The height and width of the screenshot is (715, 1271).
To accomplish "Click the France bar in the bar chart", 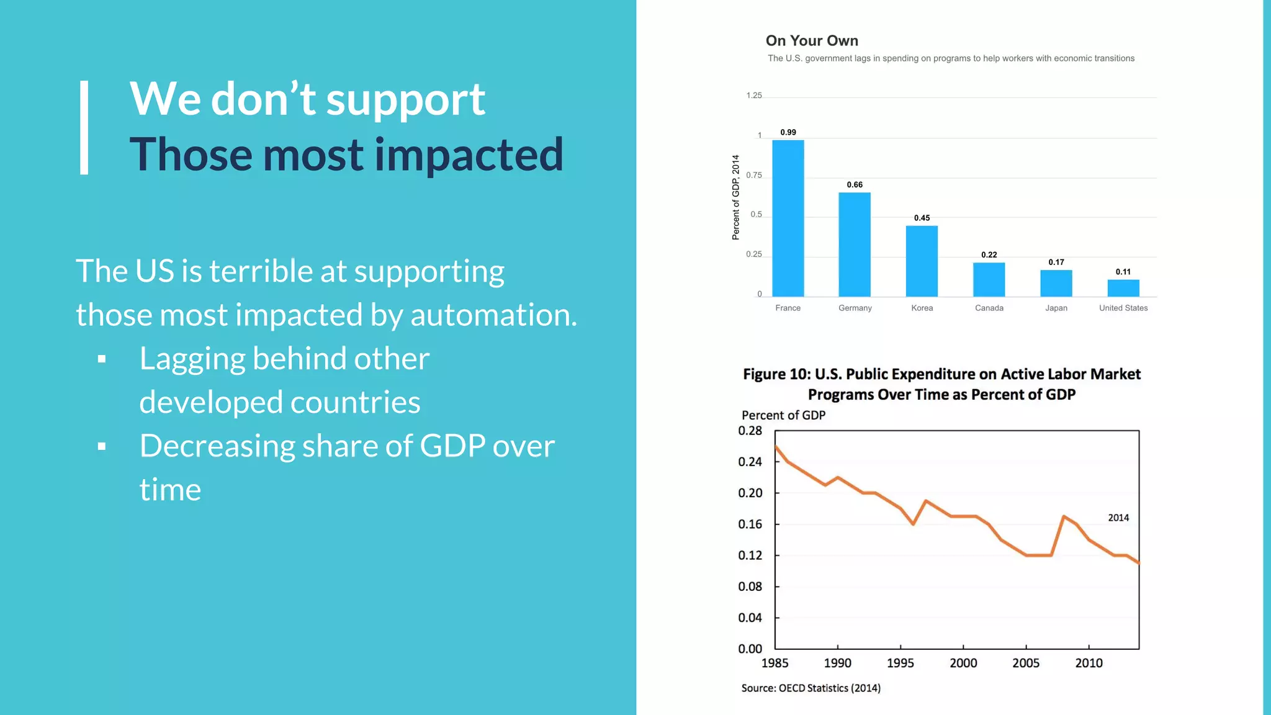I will (x=788, y=218).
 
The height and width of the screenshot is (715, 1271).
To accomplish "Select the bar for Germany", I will (x=855, y=245).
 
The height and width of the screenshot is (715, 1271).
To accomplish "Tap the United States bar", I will (x=1123, y=288).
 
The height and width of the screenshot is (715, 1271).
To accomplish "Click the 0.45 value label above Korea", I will (x=922, y=218).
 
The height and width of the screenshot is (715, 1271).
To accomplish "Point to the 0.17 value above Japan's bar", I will (x=1056, y=262).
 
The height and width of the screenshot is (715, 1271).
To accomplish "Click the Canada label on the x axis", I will (x=989, y=308).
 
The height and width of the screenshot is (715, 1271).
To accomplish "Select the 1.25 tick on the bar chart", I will (x=753, y=96).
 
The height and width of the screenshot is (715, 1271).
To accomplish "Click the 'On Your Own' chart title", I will (x=812, y=41).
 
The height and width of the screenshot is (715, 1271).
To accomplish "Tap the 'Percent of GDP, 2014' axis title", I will (x=736, y=197).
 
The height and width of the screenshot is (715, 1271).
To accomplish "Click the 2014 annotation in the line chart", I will (x=1118, y=518).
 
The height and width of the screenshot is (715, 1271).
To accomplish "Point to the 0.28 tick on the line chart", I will (x=750, y=431).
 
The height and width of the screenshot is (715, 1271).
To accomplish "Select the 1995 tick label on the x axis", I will (x=900, y=663).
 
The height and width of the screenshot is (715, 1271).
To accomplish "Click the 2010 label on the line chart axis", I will (x=1089, y=663).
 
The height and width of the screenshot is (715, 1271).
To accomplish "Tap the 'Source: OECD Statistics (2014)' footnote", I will (x=811, y=688).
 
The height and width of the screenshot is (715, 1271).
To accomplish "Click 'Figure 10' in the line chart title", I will (x=776, y=374).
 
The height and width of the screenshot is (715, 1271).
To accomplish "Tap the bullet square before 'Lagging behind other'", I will (x=102, y=359).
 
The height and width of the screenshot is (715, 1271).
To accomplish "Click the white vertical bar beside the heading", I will (x=84, y=127).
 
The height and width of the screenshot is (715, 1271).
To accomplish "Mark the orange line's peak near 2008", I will (x=1064, y=516).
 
